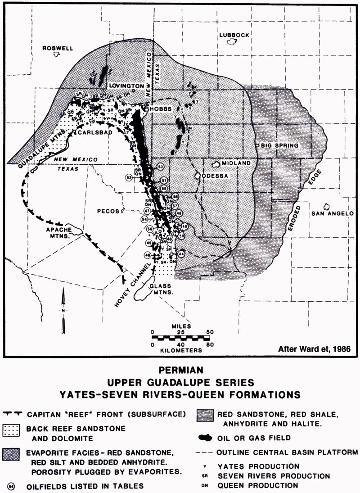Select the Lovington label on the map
128,86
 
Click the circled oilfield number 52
129,177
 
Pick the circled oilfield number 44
181,254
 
